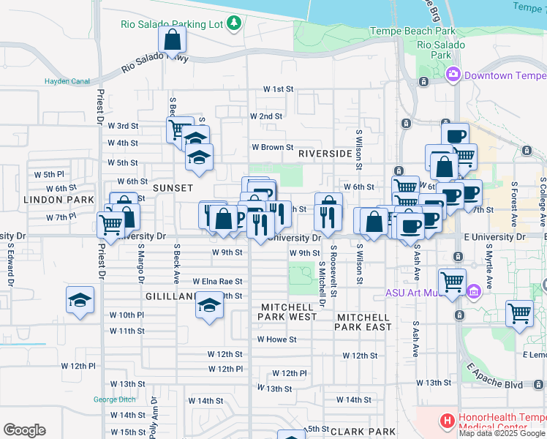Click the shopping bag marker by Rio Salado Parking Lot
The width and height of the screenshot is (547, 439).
click(172, 40)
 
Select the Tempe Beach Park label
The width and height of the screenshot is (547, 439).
click(412, 31)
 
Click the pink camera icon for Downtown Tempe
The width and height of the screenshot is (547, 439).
click(453, 75)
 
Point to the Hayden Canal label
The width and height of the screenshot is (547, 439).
click(65, 81)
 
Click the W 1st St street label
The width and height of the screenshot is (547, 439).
click(279, 89)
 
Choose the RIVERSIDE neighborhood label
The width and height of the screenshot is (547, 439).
click(325, 154)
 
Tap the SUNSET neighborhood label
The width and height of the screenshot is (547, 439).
click(172, 188)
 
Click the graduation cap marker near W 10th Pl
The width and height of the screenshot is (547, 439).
click(80, 301)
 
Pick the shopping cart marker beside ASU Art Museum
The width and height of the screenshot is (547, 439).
click(452, 281)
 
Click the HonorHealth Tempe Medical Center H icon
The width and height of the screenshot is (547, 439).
click(447, 421)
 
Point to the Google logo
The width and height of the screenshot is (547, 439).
click(24, 430)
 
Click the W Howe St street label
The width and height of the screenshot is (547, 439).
click(276, 339)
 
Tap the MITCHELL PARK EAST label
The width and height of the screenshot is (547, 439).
click(363, 322)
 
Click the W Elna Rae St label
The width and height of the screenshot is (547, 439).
click(217, 281)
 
